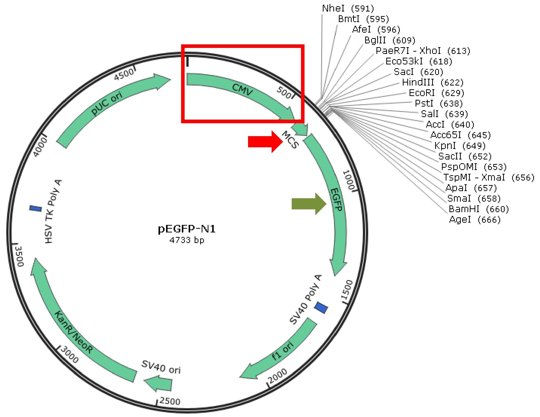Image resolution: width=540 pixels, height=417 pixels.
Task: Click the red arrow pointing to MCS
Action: click(265, 142)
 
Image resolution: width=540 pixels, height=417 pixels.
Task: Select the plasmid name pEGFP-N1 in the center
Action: click(187, 229)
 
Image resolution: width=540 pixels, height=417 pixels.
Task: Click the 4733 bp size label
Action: click(187, 240)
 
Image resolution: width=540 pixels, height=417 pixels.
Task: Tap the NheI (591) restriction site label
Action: click(348, 9)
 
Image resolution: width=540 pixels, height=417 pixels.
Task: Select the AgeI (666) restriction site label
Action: click(475, 220)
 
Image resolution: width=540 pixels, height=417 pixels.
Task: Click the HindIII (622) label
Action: click(433, 82)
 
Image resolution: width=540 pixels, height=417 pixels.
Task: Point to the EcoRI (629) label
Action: click(436, 93)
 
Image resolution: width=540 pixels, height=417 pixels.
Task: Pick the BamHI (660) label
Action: click(479, 209)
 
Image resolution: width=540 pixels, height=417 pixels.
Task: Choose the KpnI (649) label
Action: click(460, 146)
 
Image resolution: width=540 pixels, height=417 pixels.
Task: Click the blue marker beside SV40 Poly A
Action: click(321, 307)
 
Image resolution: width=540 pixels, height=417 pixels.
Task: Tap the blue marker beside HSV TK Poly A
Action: click(36, 208)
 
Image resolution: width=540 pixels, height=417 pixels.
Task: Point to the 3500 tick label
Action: click(20, 256)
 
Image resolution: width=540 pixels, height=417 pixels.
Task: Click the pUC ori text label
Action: click(107, 103)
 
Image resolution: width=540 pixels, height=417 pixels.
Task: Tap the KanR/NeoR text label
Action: click(73, 332)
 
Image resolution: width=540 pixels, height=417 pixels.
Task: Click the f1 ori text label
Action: click(283, 351)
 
